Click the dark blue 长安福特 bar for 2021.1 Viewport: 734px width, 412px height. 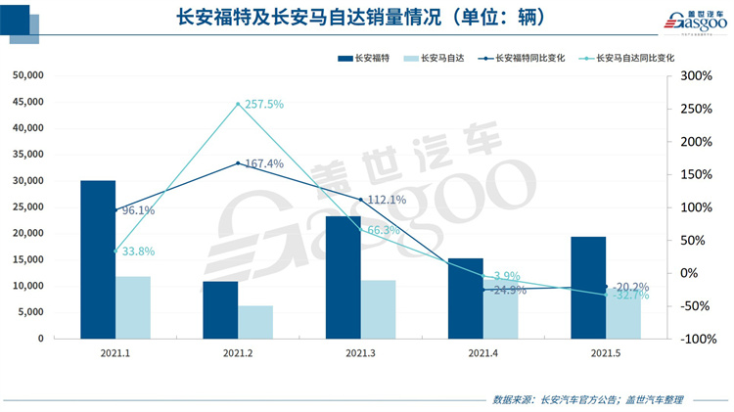[x=98, y=259]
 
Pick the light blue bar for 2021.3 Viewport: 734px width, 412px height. [x=379, y=309]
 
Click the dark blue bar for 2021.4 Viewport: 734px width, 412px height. [x=466, y=298]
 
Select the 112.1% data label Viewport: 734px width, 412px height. [x=385, y=200]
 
